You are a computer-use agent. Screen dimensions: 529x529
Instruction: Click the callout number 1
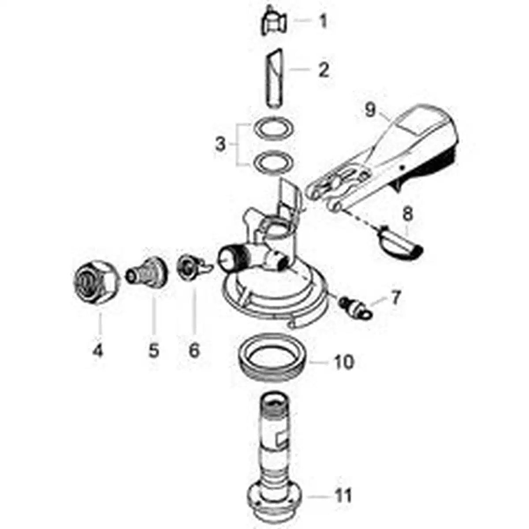tap(323, 21)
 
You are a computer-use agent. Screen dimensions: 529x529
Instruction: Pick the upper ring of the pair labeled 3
tap(273, 129)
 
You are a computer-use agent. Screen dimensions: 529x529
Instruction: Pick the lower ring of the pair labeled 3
tap(273, 162)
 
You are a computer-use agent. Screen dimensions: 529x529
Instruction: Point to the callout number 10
tap(344, 362)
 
